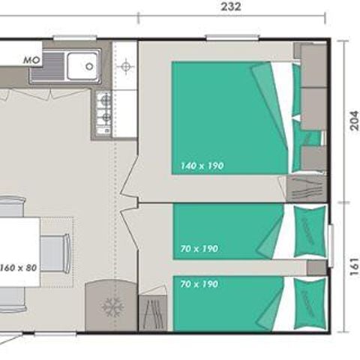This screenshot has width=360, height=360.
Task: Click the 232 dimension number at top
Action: click(x=231, y=7)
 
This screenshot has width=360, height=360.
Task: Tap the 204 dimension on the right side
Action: click(x=354, y=120)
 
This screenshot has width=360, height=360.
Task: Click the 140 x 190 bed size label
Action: click(x=202, y=166)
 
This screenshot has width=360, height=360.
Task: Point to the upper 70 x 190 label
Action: click(x=199, y=248)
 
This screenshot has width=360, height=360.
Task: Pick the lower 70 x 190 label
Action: click(x=199, y=284)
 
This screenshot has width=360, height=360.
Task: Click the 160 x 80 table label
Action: click(x=18, y=268)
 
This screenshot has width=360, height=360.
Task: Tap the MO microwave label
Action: click(x=31, y=60)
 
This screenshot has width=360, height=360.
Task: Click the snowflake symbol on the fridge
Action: click(x=112, y=307)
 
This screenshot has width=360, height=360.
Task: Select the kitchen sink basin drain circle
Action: click(x=89, y=66)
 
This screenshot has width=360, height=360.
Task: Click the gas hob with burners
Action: click(x=104, y=112)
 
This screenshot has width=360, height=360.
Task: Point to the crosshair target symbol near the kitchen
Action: click(x=125, y=67)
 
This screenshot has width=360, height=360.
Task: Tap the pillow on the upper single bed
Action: click(x=310, y=231)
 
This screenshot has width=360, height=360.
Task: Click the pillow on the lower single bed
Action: click(x=310, y=304)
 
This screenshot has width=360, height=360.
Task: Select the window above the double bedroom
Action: click(x=232, y=37)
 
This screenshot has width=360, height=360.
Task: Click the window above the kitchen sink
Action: click(x=75, y=37)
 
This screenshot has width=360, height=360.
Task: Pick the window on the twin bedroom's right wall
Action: click(x=331, y=246)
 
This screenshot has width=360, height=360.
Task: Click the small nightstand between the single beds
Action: click(x=316, y=268)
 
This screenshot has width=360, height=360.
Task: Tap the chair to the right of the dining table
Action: click(x=55, y=253)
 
